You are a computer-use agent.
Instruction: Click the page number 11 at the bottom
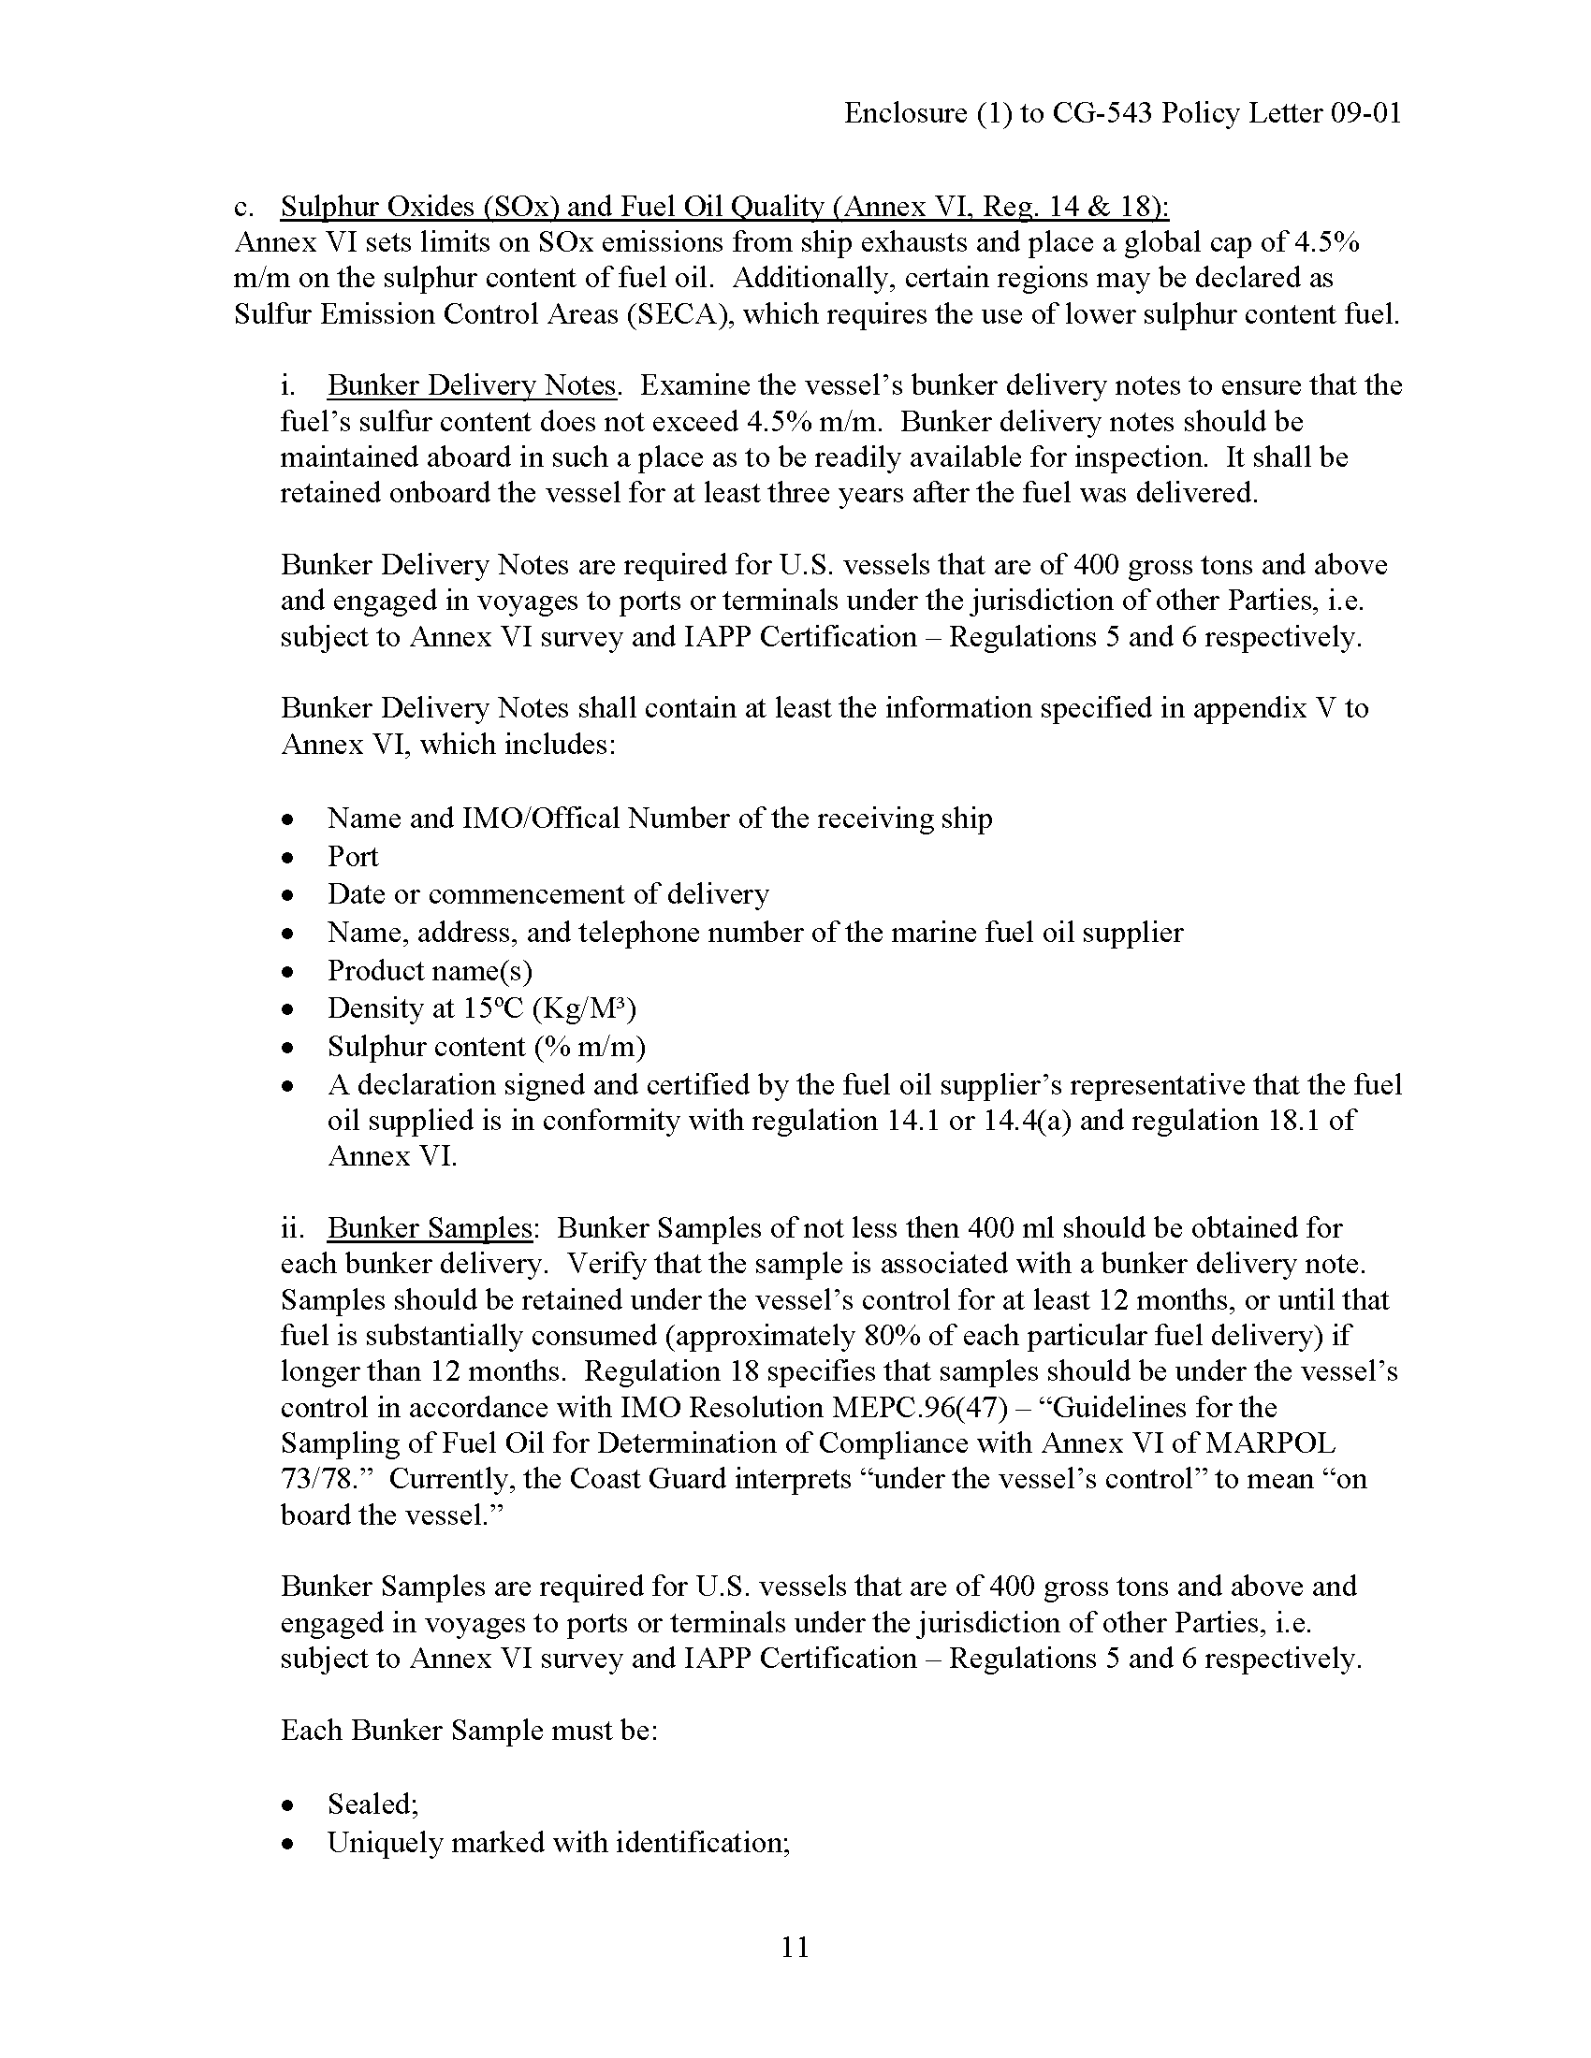(795, 1947)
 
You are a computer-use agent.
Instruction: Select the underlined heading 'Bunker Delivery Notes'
(473, 385)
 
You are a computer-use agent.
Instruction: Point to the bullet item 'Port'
(353, 856)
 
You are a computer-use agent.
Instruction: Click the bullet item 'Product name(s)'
(430, 970)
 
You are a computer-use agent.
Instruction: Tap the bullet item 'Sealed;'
(373, 1804)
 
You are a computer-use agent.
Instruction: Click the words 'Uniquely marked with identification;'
(558, 1842)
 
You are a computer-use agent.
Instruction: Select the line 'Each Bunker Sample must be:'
(469, 1730)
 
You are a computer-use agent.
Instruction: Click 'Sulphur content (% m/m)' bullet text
(487, 1046)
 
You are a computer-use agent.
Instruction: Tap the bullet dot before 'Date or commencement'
(289, 894)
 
